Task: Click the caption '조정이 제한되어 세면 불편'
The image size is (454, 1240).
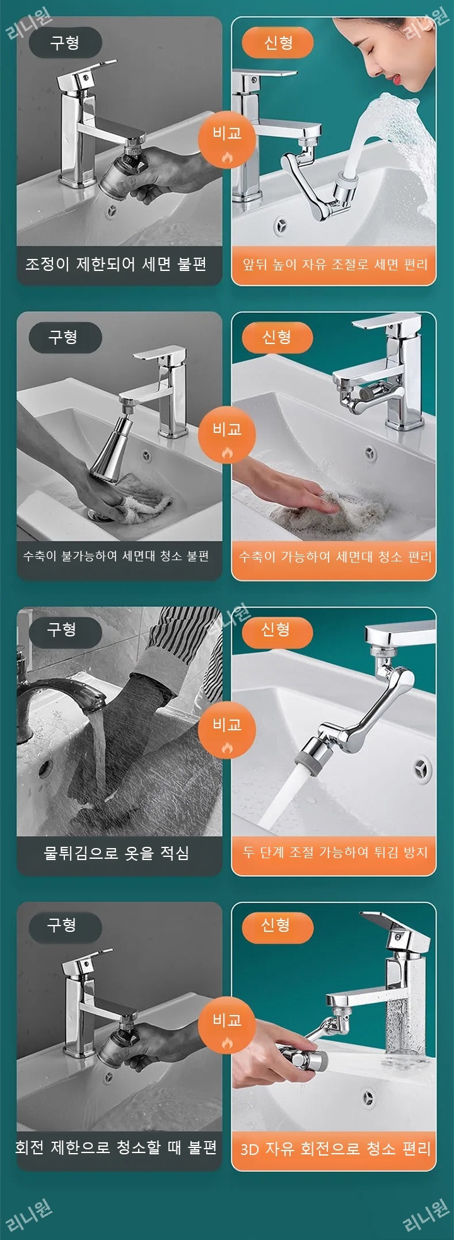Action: point(116,264)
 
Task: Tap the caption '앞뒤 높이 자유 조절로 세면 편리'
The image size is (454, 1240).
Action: point(335,264)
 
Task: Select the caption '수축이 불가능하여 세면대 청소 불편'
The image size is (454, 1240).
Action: point(116,556)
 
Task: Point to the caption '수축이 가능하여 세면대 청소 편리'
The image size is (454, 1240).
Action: point(335,556)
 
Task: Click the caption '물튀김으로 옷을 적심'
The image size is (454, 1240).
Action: point(116,852)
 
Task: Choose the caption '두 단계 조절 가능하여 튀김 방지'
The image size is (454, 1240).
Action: point(335,852)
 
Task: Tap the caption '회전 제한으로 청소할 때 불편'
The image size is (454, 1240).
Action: point(116,1147)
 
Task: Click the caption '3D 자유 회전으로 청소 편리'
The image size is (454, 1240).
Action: point(335,1148)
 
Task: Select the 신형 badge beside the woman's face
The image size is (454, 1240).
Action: point(277,43)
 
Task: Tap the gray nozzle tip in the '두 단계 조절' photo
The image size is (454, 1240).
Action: point(307,754)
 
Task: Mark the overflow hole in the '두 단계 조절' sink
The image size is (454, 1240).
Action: point(422,769)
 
